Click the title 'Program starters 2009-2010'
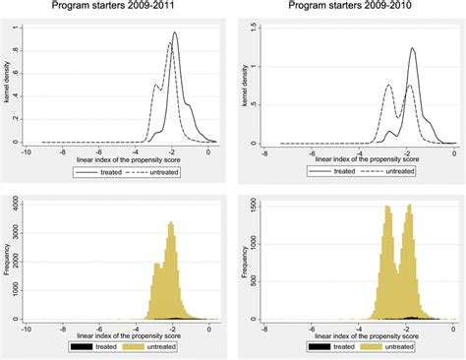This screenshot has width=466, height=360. (350, 8)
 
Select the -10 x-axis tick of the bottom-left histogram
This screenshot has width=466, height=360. (27, 328)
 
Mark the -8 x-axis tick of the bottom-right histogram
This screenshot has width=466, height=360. (264, 328)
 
